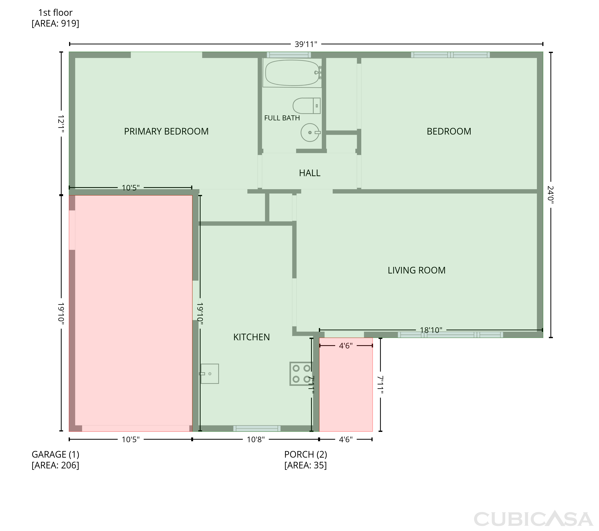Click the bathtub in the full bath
tap(292, 73)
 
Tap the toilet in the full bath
tap(306, 106)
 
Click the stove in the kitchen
tap(301, 373)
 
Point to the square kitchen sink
tap(209, 373)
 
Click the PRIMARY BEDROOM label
tap(166, 131)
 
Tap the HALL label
tap(309, 173)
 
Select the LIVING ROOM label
tap(417, 270)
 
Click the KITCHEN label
tap(251, 337)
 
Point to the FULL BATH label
tap(282, 118)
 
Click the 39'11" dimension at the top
tap(306, 44)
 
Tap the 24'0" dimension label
tap(551, 194)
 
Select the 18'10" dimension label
tap(431, 330)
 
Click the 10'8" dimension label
tap(256, 439)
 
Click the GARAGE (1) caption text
tap(55, 454)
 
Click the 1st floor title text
tap(55, 13)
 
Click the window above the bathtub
tap(289, 55)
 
